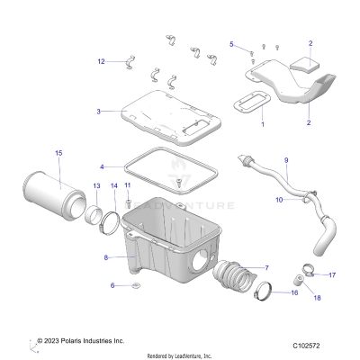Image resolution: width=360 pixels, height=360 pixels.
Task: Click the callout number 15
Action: tap(58, 154)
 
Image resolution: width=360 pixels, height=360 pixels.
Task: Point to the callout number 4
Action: tap(103, 166)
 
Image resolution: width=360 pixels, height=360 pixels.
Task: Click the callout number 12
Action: tap(101, 61)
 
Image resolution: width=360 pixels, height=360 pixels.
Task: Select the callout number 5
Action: tap(231, 44)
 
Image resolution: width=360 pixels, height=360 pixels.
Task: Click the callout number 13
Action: tap(95, 185)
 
